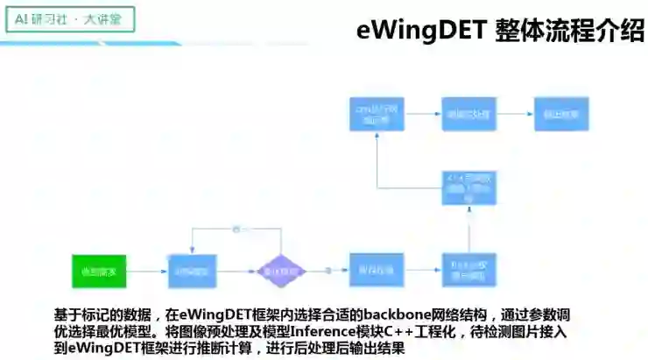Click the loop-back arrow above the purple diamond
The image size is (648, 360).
pyautogui.click(x=236, y=229)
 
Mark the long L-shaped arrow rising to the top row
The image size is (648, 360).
pyautogui.click(x=378, y=175)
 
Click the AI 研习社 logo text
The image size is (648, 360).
pyautogui.click(x=40, y=18)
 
